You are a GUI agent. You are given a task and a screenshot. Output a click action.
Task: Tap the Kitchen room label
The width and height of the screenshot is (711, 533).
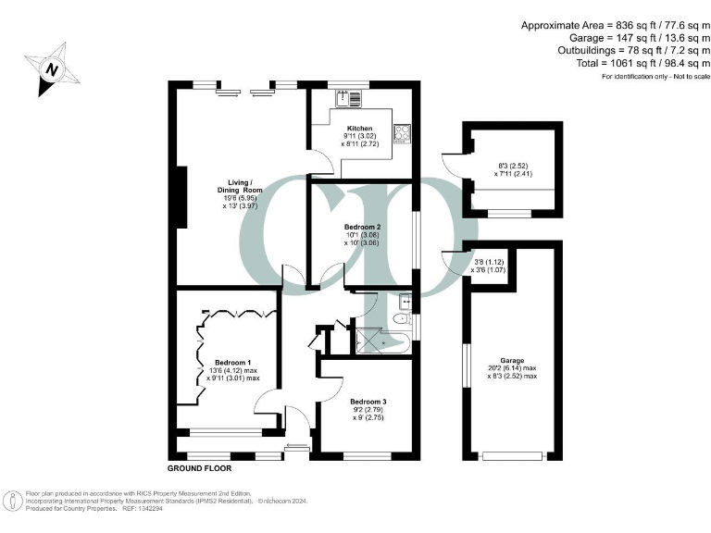(359, 129)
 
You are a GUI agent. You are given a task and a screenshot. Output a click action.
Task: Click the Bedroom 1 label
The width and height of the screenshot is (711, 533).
(232, 362)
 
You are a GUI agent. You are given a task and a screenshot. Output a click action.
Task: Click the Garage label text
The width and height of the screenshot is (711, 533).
(512, 361)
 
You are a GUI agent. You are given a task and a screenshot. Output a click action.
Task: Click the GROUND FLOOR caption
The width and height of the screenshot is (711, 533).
(199, 469)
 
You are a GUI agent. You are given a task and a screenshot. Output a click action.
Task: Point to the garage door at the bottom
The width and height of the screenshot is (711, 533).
(512, 454)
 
